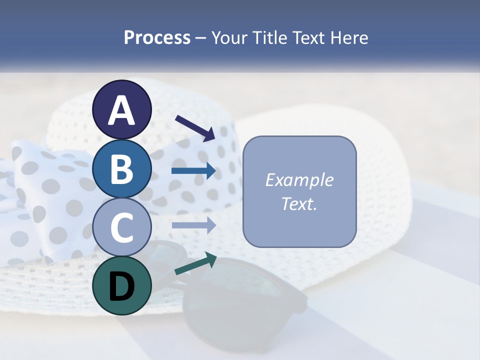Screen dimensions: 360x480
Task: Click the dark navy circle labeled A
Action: click(x=122, y=109)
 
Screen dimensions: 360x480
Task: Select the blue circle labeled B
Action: click(x=122, y=168)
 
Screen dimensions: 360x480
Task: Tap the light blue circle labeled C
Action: click(x=122, y=227)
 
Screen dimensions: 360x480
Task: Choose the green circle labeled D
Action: click(x=122, y=285)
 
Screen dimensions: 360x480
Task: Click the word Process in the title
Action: click(x=157, y=38)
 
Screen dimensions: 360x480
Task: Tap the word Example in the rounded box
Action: click(x=299, y=180)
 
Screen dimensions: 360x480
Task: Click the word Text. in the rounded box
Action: click(x=299, y=203)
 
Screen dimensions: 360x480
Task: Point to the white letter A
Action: click(x=122, y=110)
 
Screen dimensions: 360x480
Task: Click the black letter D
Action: click(x=122, y=286)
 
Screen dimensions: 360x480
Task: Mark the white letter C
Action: click(x=122, y=228)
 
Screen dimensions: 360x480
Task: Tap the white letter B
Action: click(x=122, y=169)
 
